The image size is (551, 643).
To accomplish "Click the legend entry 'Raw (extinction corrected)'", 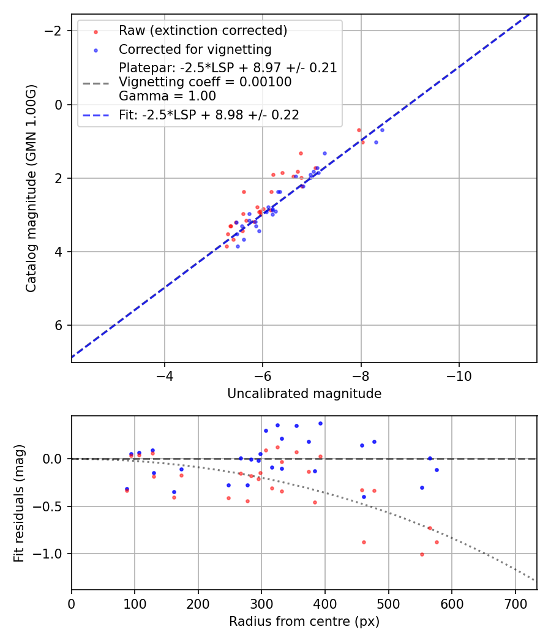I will [x=203, y=31].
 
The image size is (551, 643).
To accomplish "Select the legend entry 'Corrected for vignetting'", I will [x=195, y=49].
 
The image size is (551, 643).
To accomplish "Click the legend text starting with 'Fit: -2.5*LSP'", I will [x=209, y=115].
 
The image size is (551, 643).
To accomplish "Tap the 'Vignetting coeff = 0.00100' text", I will [x=205, y=82].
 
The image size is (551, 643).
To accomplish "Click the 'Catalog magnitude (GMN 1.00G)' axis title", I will [x=31, y=188].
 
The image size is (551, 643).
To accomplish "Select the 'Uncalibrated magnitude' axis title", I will [x=304, y=394].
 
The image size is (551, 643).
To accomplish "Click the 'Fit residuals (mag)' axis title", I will [x=19, y=503].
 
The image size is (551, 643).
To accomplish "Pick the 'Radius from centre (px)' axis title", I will [x=304, y=622].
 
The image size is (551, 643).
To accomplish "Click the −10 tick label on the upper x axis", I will [x=459, y=376].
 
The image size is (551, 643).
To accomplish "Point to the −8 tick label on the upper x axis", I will [x=361, y=376].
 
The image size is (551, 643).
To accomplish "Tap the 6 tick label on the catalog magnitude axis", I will [x=59, y=325].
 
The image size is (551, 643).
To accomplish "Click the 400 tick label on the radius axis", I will [x=325, y=604].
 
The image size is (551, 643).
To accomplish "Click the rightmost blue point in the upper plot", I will [x=382, y=130].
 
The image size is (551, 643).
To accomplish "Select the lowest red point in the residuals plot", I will [x=422, y=554].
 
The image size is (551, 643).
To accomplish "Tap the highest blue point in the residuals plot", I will [x=320, y=423].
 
